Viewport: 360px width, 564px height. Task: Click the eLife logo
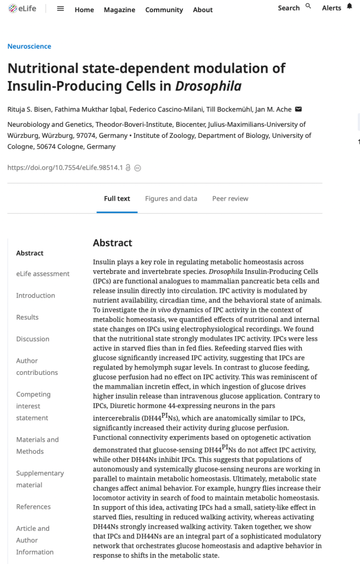22,9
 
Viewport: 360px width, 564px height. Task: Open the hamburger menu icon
61,9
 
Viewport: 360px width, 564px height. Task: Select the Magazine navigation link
119,10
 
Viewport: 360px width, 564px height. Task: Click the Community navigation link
164,10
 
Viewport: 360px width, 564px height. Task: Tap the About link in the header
202,10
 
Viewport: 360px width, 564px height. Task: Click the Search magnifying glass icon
308,6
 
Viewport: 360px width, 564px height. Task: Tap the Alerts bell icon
349,7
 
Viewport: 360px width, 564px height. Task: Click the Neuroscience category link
29,46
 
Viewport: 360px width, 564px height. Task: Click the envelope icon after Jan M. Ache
299,109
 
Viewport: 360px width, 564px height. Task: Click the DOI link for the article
65,168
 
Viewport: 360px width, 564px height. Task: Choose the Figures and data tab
171,198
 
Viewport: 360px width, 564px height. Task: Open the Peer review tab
230,198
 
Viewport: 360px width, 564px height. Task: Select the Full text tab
117,198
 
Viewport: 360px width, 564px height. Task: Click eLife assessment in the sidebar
42,273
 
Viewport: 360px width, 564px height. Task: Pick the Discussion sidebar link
33,339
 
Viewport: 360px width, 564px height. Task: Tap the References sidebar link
33,507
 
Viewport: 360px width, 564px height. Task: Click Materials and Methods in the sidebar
37,445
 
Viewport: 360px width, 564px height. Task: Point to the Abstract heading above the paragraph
112,243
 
